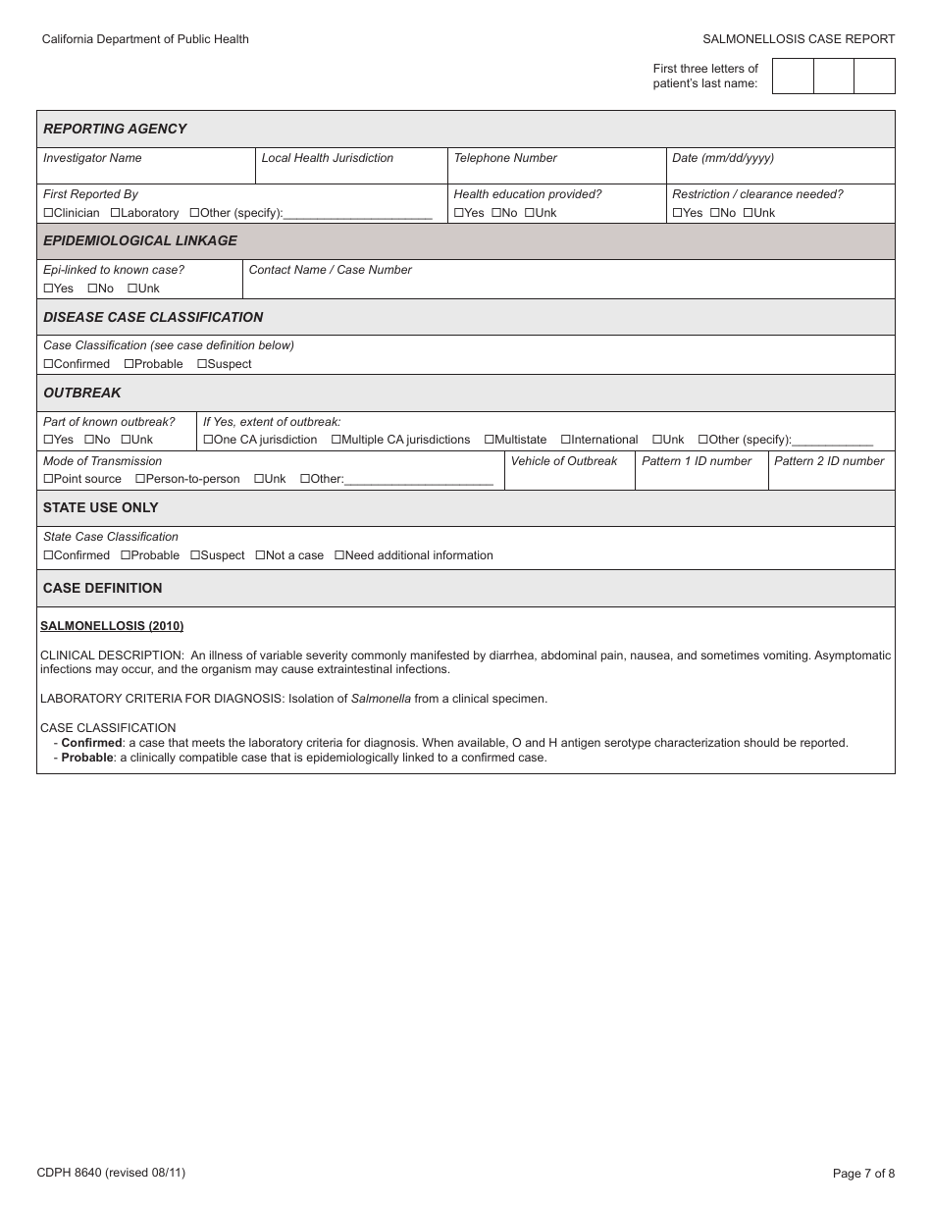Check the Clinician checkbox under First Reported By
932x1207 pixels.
(x=48, y=213)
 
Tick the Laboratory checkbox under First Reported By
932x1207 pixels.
(x=115, y=213)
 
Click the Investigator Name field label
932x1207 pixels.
(x=92, y=158)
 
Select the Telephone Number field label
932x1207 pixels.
(x=504, y=158)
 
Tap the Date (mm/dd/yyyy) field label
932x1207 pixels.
(x=722, y=158)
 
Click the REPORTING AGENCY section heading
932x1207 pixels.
(x=115, y=129)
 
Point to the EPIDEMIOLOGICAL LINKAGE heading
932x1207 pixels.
(x=140, y=240)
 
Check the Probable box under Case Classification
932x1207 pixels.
(x=129, y=364)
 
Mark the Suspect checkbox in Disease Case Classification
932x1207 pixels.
(x=202, y=364)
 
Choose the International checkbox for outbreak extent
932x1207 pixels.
(x=565, y=440)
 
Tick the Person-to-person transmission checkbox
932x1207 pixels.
(x=140, y=479)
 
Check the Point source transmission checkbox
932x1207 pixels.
(x=48, y=479)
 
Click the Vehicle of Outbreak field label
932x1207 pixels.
(x=564, y=461)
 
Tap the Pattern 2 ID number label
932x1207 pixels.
(x=829, y=461)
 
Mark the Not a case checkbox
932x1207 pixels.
(x=260, y=555)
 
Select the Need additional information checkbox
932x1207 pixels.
(x=339, y=555)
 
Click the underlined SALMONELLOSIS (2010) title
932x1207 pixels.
(x=112, y=626)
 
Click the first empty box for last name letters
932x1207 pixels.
(x=793, y=76)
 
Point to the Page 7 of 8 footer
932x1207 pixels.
(x=863, y=1173)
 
